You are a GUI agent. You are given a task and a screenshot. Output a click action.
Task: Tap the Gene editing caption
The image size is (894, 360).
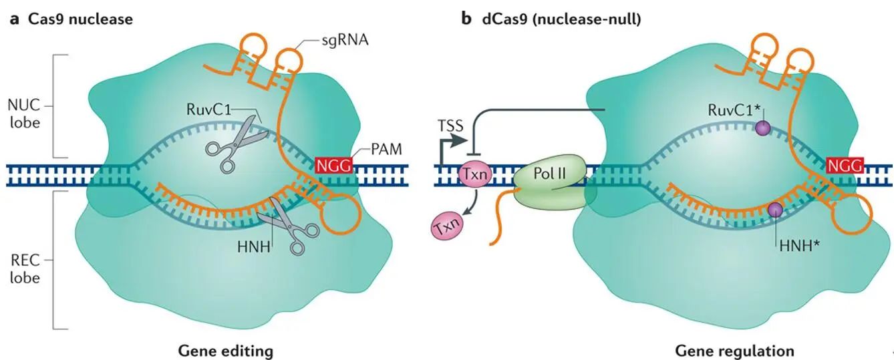tap(225, 350)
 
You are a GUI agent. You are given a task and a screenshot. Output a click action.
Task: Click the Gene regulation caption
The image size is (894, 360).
tap(734, 350)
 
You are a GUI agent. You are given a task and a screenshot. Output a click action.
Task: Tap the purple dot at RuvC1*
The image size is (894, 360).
tap(760, 130)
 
